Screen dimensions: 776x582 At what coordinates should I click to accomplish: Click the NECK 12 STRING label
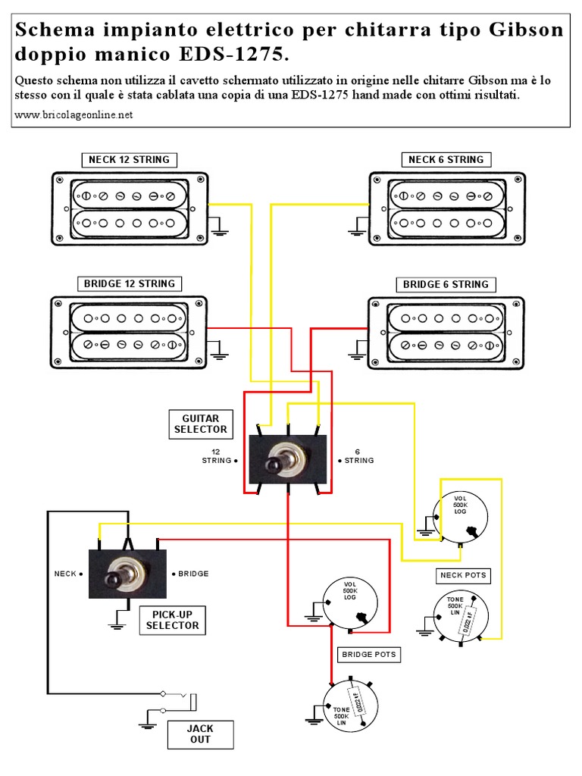[129, 160]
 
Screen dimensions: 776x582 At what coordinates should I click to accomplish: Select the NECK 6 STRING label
[446, 160]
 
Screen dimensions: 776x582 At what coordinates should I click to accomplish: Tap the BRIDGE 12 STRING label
[130, 284]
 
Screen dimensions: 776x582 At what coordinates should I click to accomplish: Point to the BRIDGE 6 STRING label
[446, 285]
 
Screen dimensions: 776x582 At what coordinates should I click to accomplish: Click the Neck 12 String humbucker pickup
[130, 208]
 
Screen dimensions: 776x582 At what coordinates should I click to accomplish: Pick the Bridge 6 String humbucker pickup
[446, 333]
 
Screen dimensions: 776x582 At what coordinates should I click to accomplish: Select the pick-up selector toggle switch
[127, 574]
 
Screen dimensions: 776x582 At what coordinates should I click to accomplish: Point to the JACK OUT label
[200, 734]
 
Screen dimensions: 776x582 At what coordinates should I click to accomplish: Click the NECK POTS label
[463, 575]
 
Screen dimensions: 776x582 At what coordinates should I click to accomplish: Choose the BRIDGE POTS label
[369, 654]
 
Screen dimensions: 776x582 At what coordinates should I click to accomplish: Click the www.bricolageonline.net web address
[74, 115]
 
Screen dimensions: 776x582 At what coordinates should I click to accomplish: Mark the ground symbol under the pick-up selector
[116, 625]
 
